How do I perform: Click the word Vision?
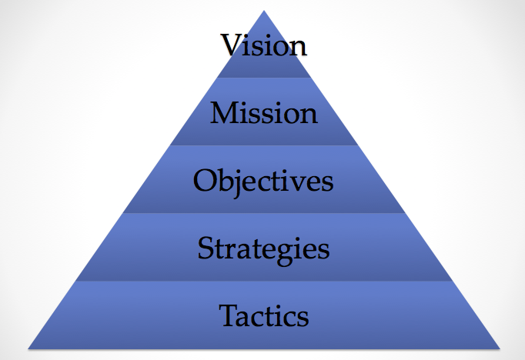[263, 45]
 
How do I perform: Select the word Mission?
[264, 113]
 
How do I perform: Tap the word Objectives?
[263, 181]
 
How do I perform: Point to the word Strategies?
[263, 249]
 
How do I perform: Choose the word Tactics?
[264, 315]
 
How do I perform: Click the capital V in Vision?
[232, 45]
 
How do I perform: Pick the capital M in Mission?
[224, 113]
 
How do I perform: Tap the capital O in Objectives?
[205, 180]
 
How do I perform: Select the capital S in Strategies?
[206, 248]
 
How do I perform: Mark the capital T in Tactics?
[229, 315]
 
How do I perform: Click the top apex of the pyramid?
[264, 10]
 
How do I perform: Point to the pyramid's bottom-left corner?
[28, 349]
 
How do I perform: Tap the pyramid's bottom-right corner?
[500, 349]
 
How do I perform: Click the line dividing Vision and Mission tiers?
[264, 78]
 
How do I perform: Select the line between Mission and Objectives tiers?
[264, 145]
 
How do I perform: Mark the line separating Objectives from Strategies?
[264, 213]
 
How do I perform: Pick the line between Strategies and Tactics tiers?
[264, 281]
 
